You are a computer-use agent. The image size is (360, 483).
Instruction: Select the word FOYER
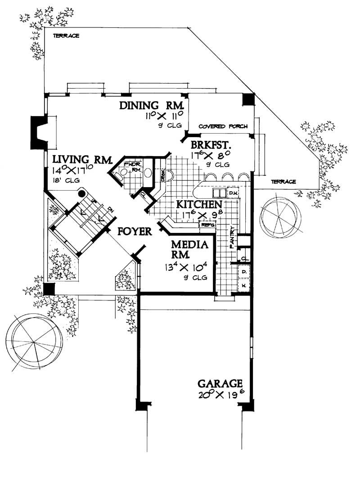point(134,232)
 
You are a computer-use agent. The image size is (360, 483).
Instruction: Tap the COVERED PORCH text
point(223,127)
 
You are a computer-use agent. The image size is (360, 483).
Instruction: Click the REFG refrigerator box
point(207,224)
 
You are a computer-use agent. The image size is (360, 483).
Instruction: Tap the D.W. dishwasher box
point(233,193)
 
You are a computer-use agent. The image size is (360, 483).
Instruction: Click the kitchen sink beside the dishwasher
point(219,193)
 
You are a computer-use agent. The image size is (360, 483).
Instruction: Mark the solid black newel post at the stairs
point(81,193)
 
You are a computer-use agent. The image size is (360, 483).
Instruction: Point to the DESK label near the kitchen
point(163,174)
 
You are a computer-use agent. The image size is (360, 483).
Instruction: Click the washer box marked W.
point(243,285)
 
